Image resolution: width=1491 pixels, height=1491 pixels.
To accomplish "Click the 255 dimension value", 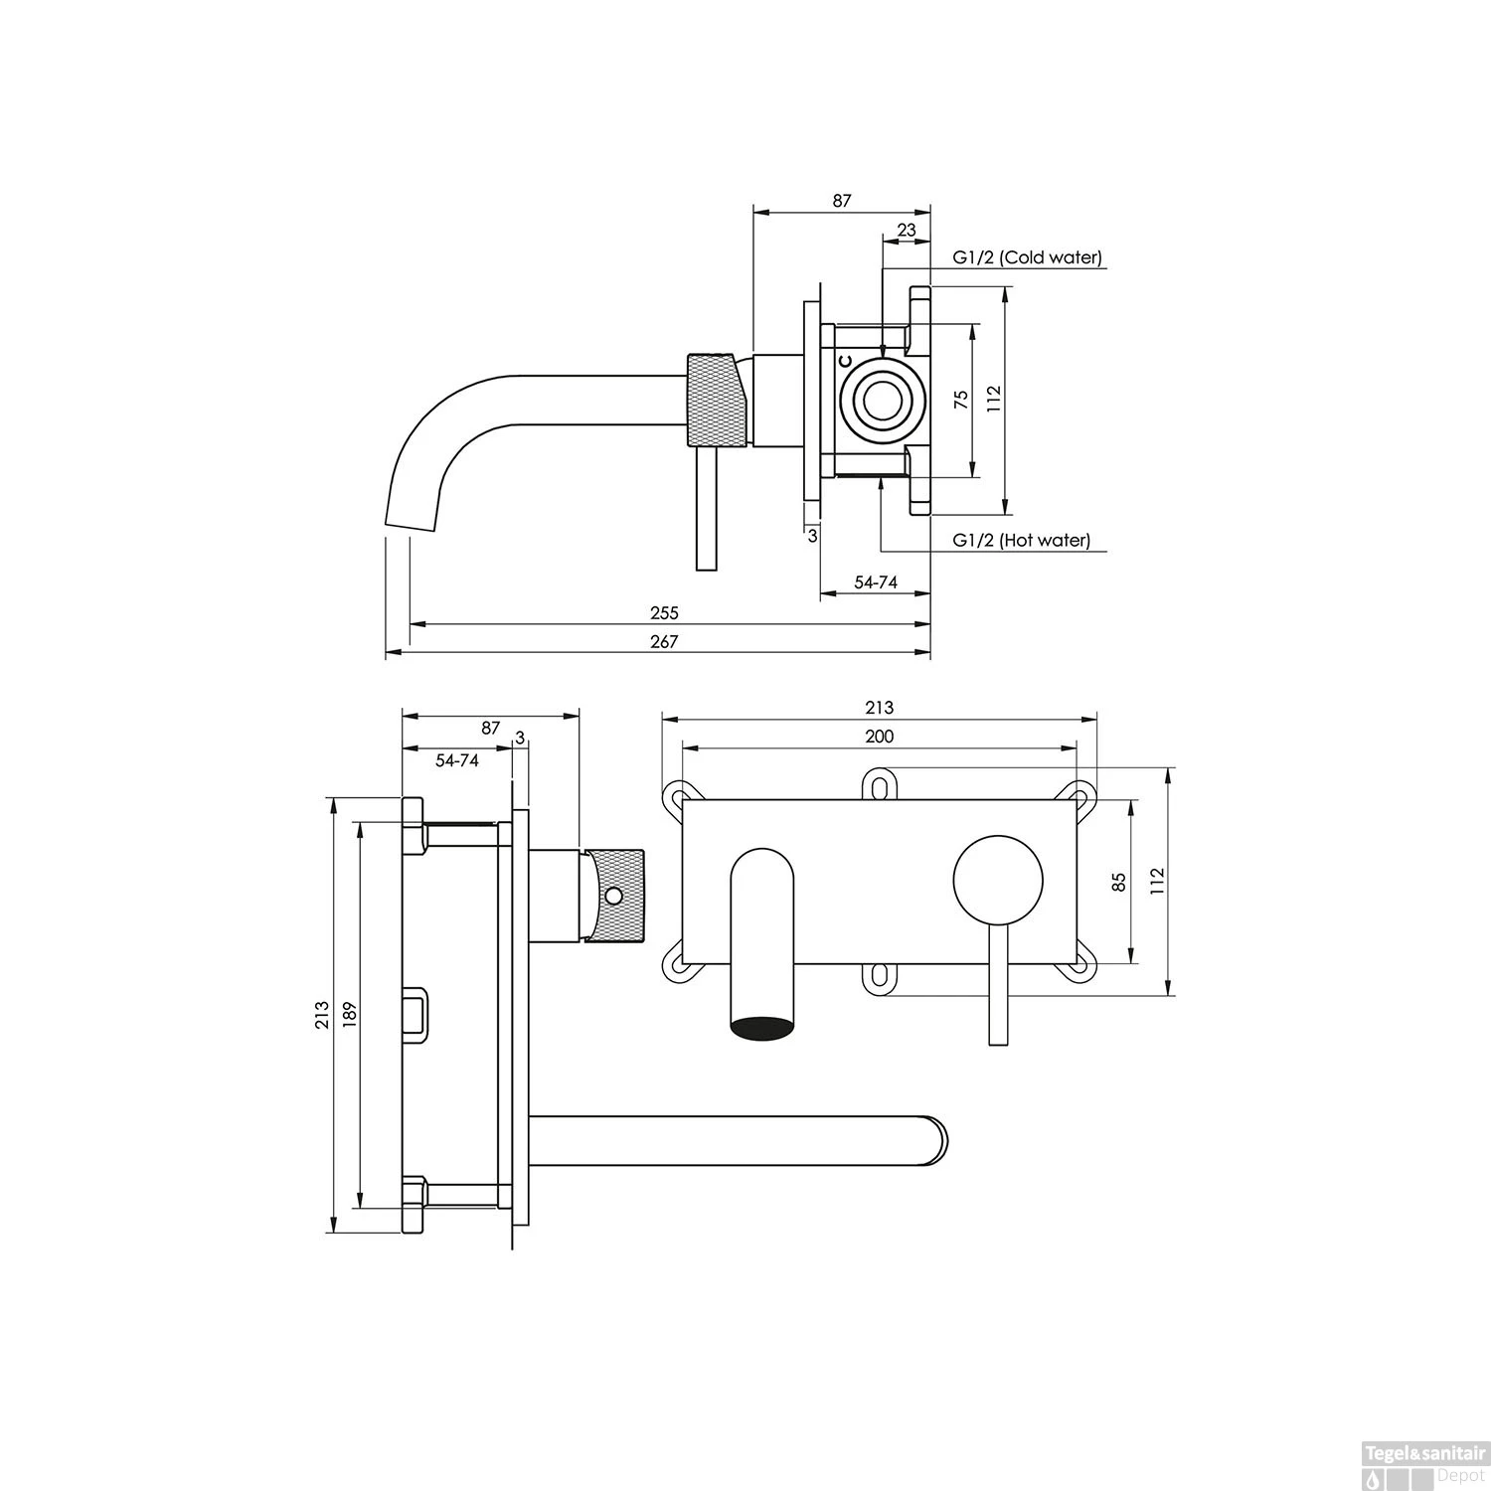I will coord(663,613).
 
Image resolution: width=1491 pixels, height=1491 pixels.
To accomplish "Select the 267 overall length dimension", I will coord(663,642).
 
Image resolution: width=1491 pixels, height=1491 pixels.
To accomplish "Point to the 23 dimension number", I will coord(907,230).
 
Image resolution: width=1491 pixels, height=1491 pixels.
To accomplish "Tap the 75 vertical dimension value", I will coord(960,401).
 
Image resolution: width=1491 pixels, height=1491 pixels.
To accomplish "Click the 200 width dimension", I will coord(879,737).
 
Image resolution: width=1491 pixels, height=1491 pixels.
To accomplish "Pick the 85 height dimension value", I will coord(1119,882).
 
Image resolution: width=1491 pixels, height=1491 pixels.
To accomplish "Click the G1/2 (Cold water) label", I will coord(1027,257).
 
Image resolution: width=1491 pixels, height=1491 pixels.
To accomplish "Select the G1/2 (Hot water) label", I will coord(1021,541).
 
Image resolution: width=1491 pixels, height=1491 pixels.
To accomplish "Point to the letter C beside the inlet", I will coord(844,361).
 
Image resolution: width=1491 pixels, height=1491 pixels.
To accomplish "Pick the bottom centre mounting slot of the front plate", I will coord(879,977).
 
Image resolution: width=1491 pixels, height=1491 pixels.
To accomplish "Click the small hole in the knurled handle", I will coord(613,896).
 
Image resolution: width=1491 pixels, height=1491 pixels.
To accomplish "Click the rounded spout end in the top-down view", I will coord(934,1140).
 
